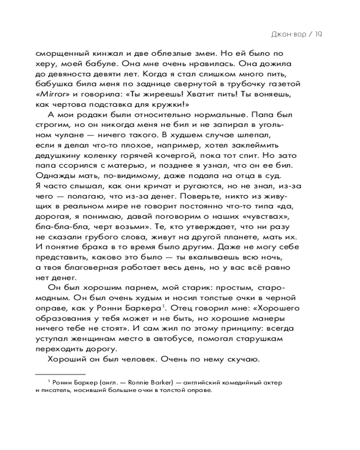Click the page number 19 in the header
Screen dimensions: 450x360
(319, 34)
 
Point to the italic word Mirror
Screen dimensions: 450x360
(50, 94)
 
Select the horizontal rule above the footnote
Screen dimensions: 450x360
(60, 373)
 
